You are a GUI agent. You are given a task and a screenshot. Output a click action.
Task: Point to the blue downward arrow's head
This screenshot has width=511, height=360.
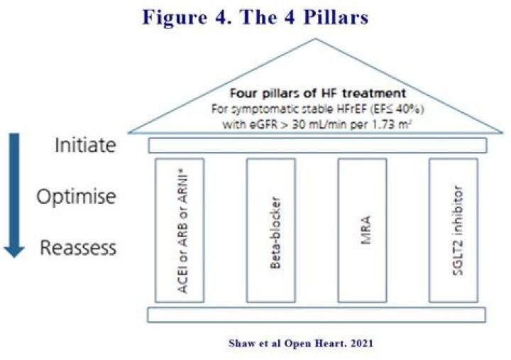(15, 249)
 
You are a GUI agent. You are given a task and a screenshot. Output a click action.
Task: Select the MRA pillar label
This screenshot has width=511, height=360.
(363, 231)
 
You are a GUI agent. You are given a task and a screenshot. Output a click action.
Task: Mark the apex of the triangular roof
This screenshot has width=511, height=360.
(317, 40)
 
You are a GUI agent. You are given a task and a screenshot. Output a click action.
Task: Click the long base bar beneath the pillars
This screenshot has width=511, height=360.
(317, 315)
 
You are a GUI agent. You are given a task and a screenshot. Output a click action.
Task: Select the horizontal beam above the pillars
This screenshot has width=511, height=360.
(317, 146)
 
